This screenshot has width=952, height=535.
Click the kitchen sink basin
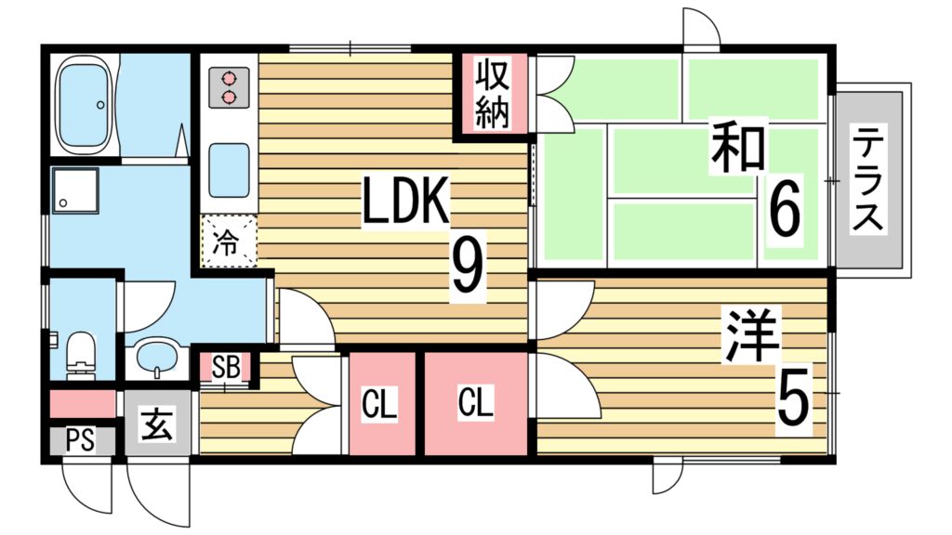(228, 169)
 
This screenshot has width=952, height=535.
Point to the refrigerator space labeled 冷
(228, 241)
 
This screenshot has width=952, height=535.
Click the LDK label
(405, 202)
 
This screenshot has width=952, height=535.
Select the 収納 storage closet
(491, 93)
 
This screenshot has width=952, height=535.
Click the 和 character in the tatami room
(738, 149)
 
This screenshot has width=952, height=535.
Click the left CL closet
(380, 404)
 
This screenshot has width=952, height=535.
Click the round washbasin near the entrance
(157, 356)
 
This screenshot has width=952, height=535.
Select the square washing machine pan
(72, 189)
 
